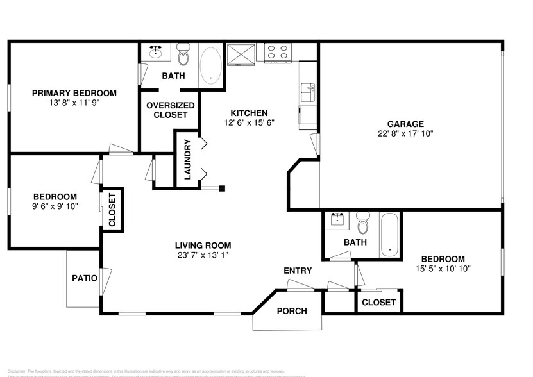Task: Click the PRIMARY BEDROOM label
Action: tap(74, 93)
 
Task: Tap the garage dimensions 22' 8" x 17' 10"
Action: tap(405, 134)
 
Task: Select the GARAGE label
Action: tap(405, 124)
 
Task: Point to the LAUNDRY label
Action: tap(188, 160)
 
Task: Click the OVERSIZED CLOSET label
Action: tap(167, 110)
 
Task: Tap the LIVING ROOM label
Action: tap(203, 246)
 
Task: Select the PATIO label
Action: tap(85, 278)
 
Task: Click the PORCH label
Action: tap(291, 311)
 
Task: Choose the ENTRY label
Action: tap(298, 271)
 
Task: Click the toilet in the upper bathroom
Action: tap(183, 56)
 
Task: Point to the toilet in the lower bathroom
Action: tap(363, 224)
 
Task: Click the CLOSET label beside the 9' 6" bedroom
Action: tap(112, 210)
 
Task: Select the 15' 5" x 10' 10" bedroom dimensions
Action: tap(443, 269)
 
